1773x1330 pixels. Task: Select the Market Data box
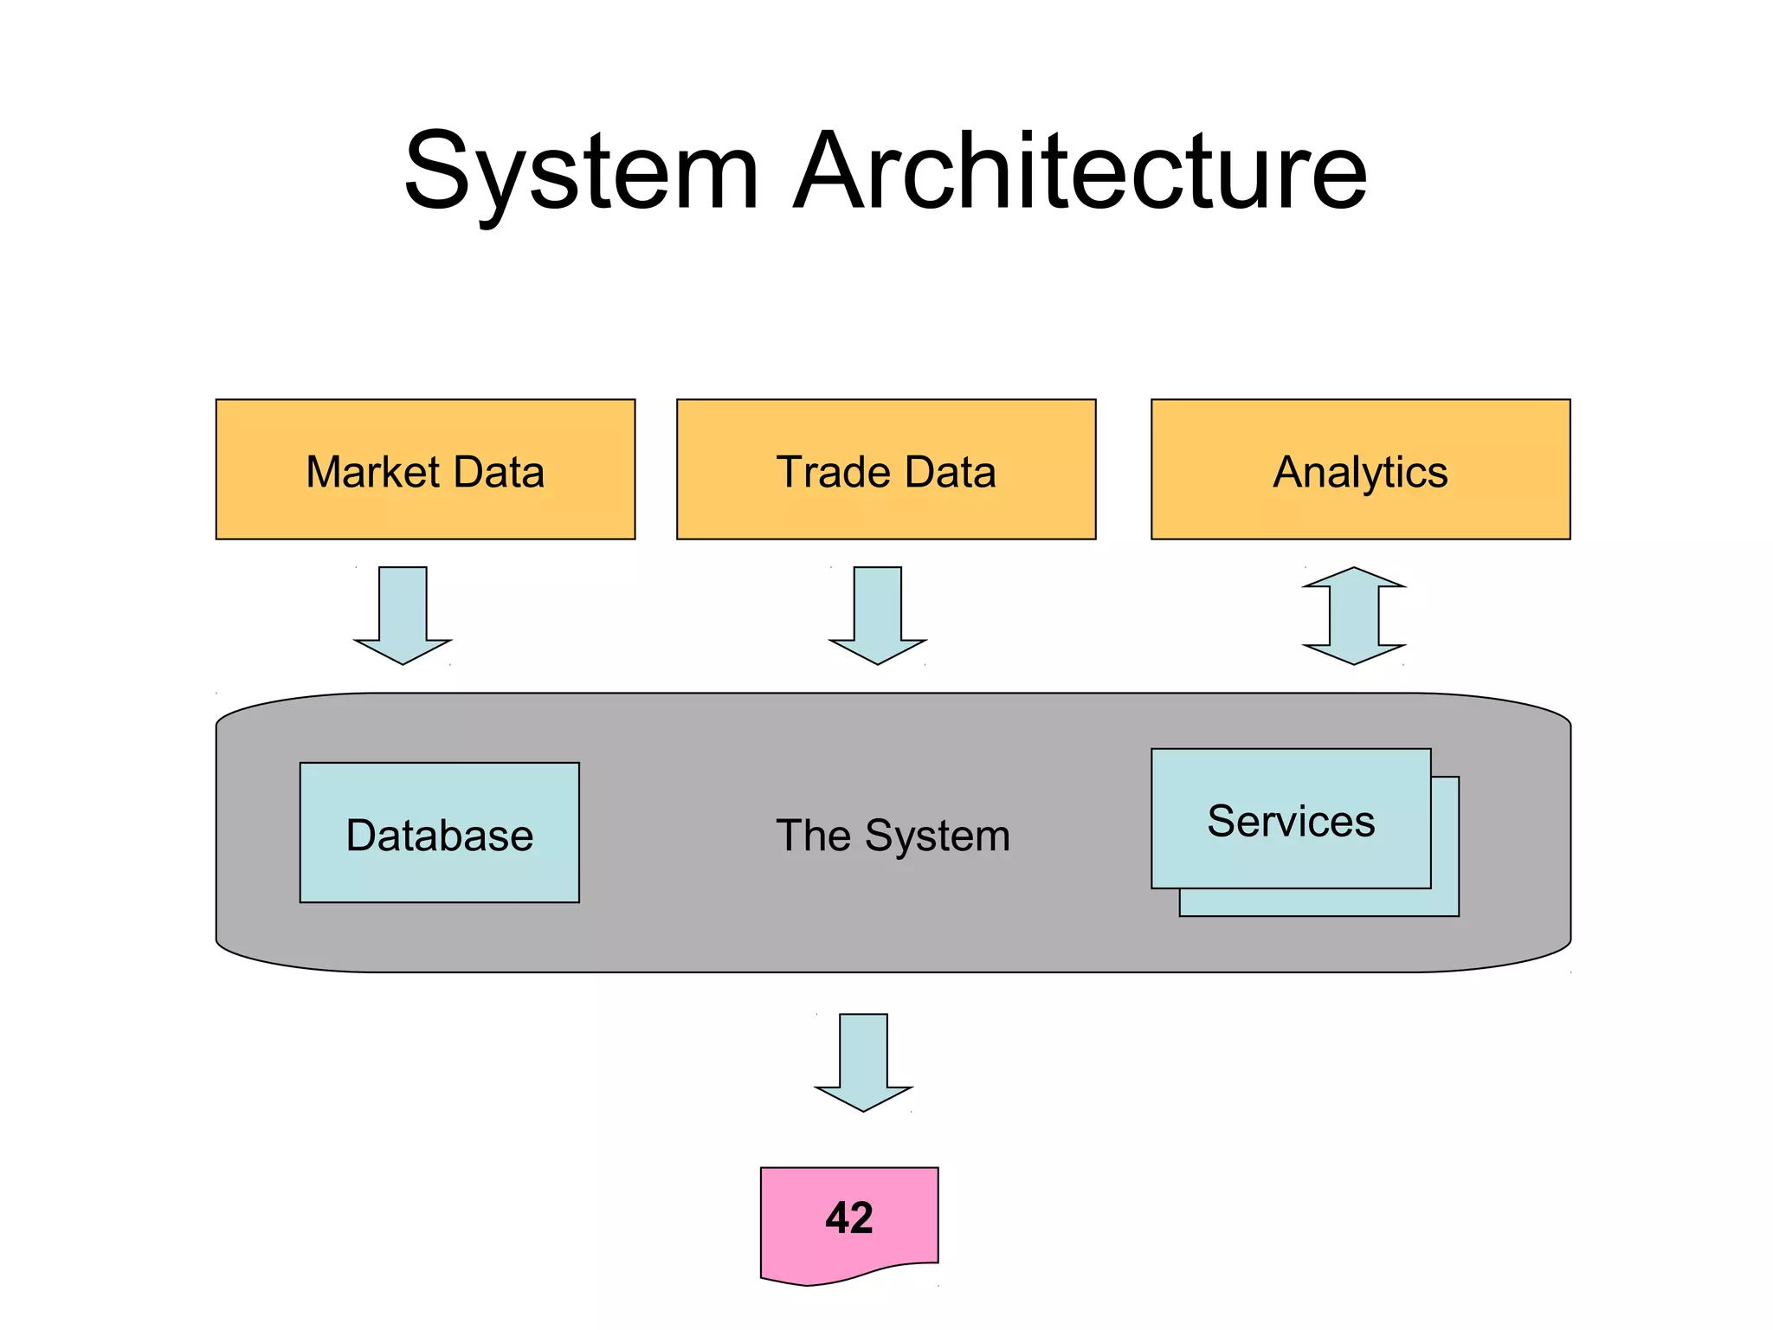[x=425, y=511]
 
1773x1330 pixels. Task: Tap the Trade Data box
[x=886, y=511]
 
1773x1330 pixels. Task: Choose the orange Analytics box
[x=1360, y=511]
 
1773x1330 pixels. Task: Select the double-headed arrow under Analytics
[x=1354, y=617]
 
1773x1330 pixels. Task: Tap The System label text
[x=893, y=836]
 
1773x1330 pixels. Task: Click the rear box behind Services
[x=1445, y=901]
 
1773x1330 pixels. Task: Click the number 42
[x=849, y=1217]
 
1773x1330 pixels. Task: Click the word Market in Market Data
[x=373, y=472]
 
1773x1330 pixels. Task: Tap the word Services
[x=1290, y=821]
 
